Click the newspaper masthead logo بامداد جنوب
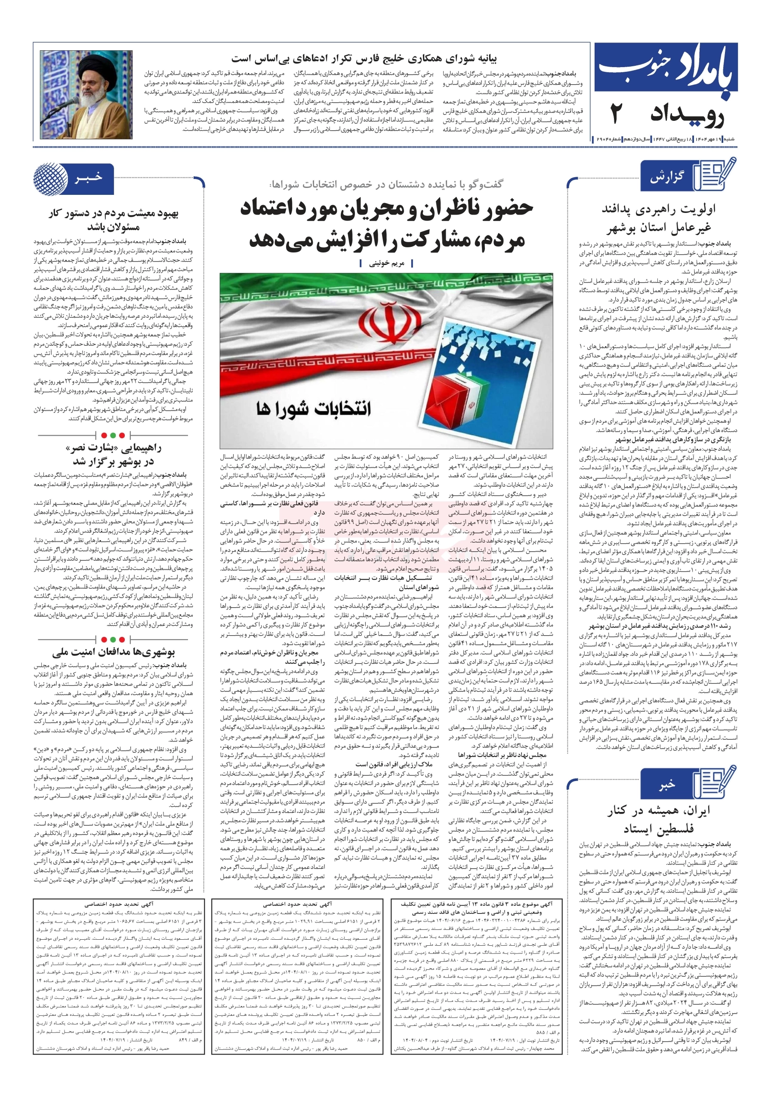tap(664, 69)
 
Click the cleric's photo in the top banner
tap(86, 95)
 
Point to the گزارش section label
tap(666, 178)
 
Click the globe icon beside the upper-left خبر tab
tap(50, 178)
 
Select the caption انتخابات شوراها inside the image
tap(314, 408)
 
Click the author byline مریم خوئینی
tap(386, 263)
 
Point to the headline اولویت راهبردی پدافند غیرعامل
tap(657, 218)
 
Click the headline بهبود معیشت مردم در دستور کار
tap(114, 220)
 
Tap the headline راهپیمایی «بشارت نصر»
tap(113, 454)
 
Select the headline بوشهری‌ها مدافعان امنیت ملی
tap(113, 652)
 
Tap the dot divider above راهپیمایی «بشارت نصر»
tap(113, 435)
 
